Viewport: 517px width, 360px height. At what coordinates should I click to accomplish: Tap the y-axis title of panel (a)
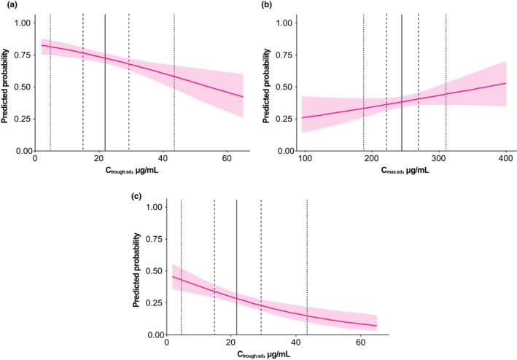pos(8,80)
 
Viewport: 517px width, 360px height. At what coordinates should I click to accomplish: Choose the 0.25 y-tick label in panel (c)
pos(154,303)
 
